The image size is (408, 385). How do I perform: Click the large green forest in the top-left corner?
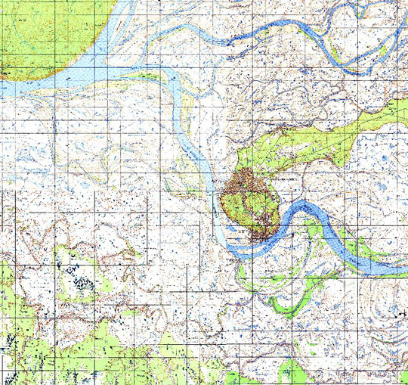tap(45, 30)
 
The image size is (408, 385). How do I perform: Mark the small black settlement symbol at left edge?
tap(6, 72)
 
